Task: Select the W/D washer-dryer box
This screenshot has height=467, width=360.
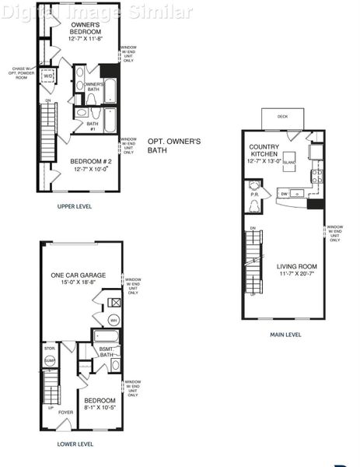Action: coord(47,76)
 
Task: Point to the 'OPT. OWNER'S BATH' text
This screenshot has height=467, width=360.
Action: coord(174,146)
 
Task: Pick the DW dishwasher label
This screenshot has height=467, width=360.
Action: coord(284,193)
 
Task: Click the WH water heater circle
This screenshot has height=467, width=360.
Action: coord(113,320)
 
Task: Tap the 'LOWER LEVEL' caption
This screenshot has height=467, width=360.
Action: coord(75,444)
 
